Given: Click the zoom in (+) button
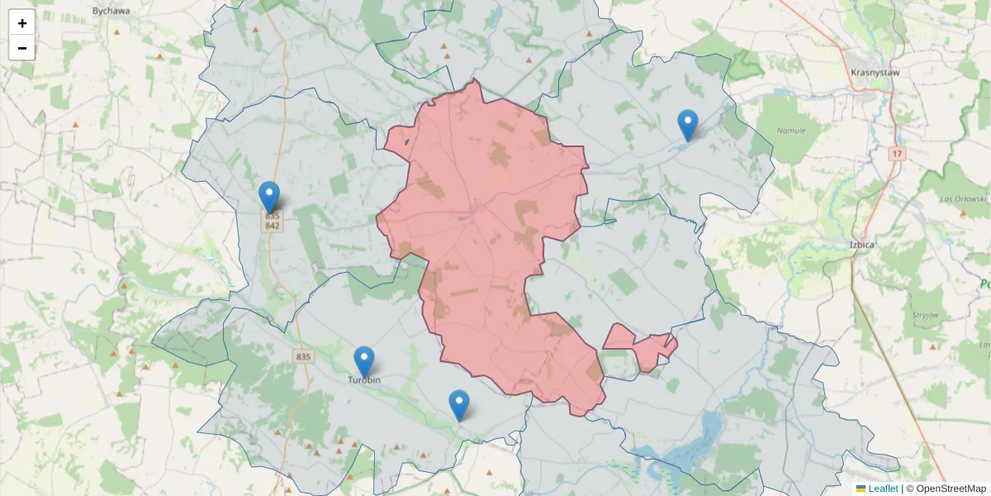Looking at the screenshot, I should point(21,22).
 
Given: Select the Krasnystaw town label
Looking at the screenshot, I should point(875,72).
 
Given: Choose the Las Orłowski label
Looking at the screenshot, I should point(964,199).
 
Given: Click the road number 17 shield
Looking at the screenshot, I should point(898,154).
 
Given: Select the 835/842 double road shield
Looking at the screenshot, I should point(273,221).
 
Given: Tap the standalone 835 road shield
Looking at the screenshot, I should point(303,356).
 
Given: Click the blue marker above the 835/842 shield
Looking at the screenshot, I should point(268,197).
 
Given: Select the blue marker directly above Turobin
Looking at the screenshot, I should point(363,361).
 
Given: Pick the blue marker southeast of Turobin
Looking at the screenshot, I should point(459,405).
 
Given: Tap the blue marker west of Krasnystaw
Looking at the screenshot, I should point(687,125).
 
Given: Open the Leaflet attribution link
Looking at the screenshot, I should point(882,489).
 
